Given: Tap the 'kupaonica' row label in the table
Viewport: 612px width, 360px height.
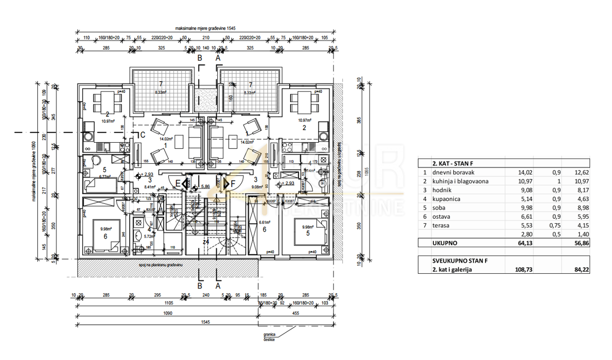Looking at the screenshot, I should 445,198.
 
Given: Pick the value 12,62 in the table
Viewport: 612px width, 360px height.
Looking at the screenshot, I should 580,172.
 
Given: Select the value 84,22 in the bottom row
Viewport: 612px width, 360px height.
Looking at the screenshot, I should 580,270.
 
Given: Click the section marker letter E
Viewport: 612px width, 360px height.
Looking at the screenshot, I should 178,183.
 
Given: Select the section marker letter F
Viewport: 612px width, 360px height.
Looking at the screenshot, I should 233,183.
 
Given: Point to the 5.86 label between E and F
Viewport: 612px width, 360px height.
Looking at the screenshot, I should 206,187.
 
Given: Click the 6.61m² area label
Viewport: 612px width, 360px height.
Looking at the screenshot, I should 264,222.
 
